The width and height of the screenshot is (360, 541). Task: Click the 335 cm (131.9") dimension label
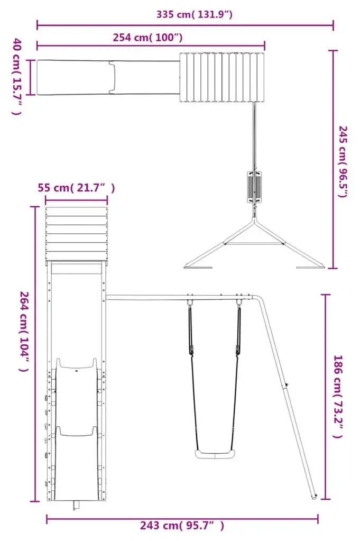[x=194, y=14]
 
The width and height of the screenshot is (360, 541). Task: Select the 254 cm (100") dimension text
[x=147, y=37]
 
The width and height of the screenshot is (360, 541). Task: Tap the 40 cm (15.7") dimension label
[x=17, y=77]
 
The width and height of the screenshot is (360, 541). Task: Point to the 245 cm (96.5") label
[x=343, y=161]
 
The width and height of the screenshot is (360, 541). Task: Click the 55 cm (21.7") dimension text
[x=76, y=188]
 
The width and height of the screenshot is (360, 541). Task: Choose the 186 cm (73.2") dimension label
[x=338, y=397]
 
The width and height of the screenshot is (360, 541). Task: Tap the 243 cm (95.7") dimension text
[x=182, y=526]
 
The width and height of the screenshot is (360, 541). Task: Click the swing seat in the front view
[x=215, y=454]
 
